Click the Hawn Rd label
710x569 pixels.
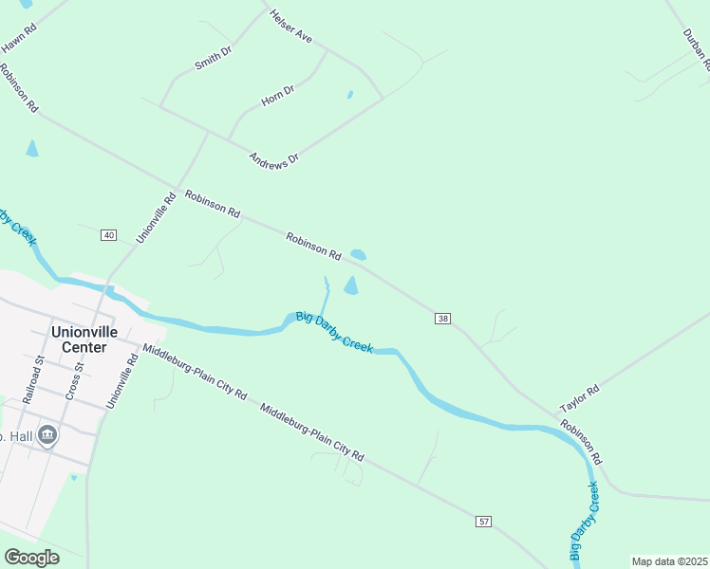(x=19, y=38)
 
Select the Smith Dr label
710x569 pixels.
(x=214, y=59)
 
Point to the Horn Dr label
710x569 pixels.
(x=277, y=97)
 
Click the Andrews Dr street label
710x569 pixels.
(x=273, y=157)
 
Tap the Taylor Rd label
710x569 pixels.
(x=580, y=398)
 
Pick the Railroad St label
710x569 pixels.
(x=33, y=381)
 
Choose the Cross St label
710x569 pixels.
(x=75, y=380)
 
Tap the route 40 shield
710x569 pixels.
(x=108, y=235)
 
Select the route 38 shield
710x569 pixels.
(x=443, y=318)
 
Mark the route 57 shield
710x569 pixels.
(x=484, y=523)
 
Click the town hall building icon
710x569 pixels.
(x=47, y=435)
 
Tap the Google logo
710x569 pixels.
(x=32, y=558)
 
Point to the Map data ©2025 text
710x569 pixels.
(x=668, y=561)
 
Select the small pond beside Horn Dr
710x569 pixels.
(x=350, y=95)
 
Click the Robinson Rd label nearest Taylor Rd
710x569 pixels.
(x=581, y=443)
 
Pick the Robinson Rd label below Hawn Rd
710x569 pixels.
(x=18, y=88)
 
